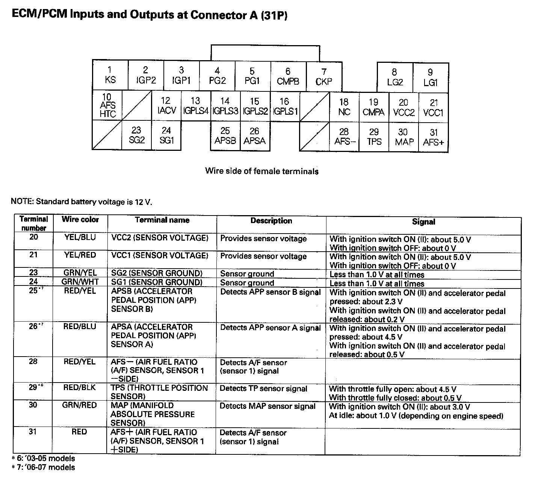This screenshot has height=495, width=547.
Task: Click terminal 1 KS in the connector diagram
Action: pos(110,75)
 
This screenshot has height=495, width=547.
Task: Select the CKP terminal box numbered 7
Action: pos(324,77)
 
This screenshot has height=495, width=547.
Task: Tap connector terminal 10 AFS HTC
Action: pos(107,105)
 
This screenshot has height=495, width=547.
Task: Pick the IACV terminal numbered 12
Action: pos(166,106)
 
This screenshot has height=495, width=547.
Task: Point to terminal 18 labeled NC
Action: pos(344,107)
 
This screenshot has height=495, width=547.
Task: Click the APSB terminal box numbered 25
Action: pos(225,136)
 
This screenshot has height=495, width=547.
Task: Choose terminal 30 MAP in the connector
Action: pos(403,137)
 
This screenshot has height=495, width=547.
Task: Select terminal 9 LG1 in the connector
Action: pos(431,77)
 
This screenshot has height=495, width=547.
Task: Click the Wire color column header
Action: pos(80,220)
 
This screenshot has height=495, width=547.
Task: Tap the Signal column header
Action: pos(423,222)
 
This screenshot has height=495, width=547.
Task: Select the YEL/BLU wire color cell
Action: pos(80,237)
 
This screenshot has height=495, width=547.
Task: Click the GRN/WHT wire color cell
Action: pos(80,282)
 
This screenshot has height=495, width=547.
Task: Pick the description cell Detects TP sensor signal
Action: pos(263,389)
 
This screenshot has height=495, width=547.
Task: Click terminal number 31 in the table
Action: pos(33,432)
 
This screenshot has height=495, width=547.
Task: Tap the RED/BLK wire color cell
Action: pos(80,387)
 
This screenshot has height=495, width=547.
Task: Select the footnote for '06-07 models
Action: pos(43,468)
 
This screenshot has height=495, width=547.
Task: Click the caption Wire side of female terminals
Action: pos(262,171)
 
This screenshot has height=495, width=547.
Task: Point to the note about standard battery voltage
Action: pos(82,202)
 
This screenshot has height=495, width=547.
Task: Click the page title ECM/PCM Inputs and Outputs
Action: pos(150,15)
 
